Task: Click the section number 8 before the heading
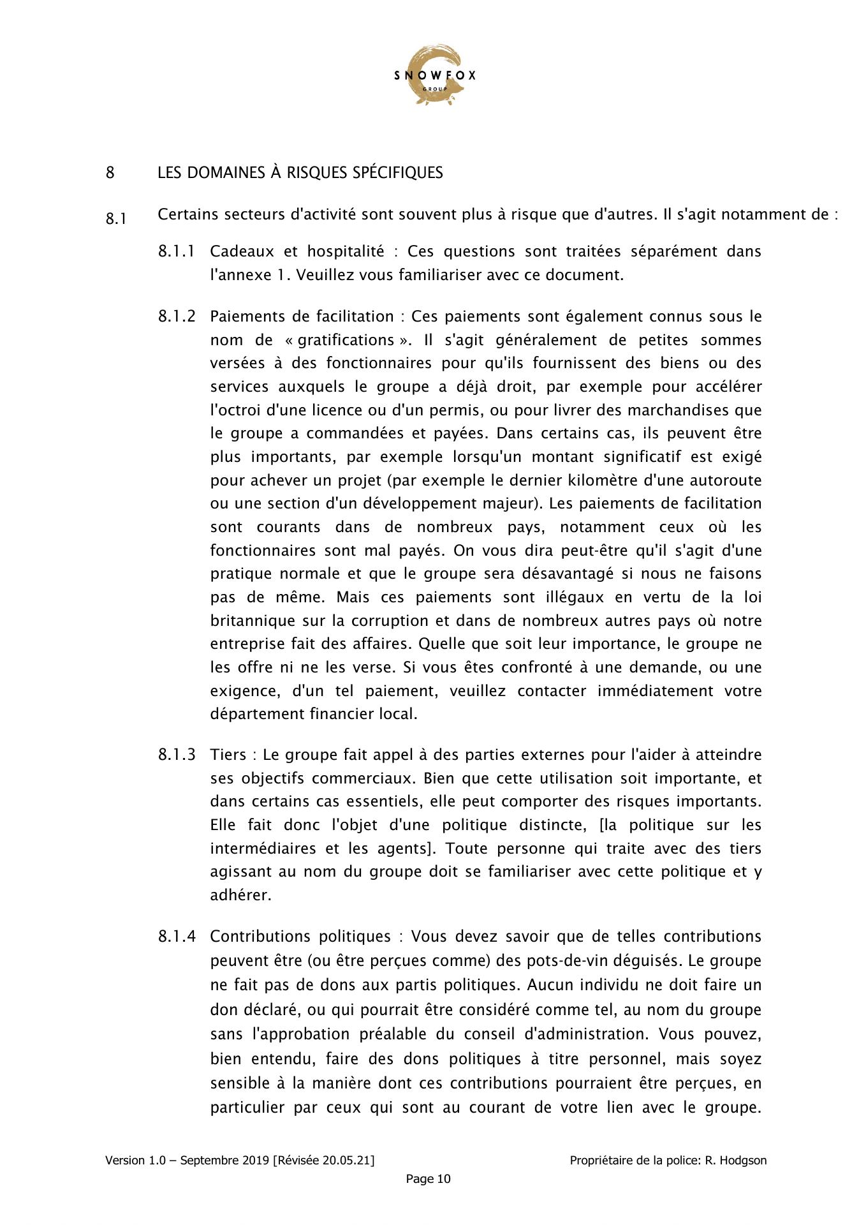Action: coord(110,173)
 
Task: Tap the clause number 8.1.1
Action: coord(177,251)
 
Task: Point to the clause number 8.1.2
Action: coord(177,316)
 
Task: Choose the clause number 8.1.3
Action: coord(177,755)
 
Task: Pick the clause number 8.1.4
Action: coord(177,937)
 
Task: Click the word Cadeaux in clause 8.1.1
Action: coord(238,251)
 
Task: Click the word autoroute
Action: coord(725,480)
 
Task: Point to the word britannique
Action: coord(253,621)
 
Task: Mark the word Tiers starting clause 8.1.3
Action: coord(228,755)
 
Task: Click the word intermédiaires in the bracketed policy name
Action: coord(263,849)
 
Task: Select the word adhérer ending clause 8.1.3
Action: coord(240,895)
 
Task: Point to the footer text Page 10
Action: coord(428,1179)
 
